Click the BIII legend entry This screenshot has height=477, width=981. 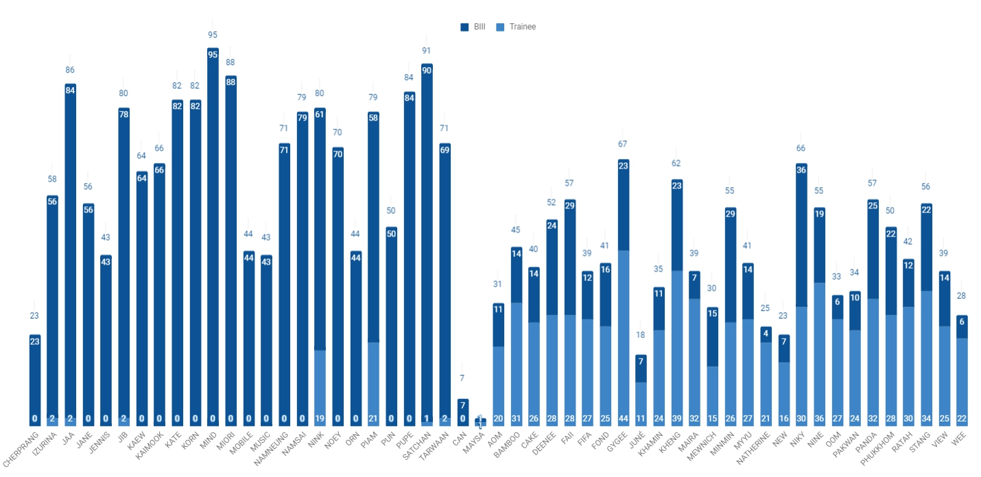pyautogui.click(x=473, y=27)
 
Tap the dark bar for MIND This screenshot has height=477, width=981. pyautogui.click(x=213, y=233)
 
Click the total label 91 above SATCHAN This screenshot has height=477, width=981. pyautogui.click(x=427, y=50)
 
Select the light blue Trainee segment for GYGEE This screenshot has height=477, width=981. pyautogui.click(x=624, y=336)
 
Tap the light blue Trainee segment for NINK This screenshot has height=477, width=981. pyautogui.click(x=320, y=387)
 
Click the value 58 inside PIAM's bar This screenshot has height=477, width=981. pyautogui.click(x=373, y=118)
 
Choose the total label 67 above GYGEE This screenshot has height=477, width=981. pyautogui.click(x=623, y=144)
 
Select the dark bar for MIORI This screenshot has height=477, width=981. pyautogui.click(x=231, y=247)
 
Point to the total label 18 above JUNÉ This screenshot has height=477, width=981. pyautogui.click(x=641, y=335)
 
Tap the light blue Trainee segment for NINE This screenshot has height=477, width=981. pyautogui.click(x=818, y=353)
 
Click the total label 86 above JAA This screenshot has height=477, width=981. pyautogui.click(x=70, y=70)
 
